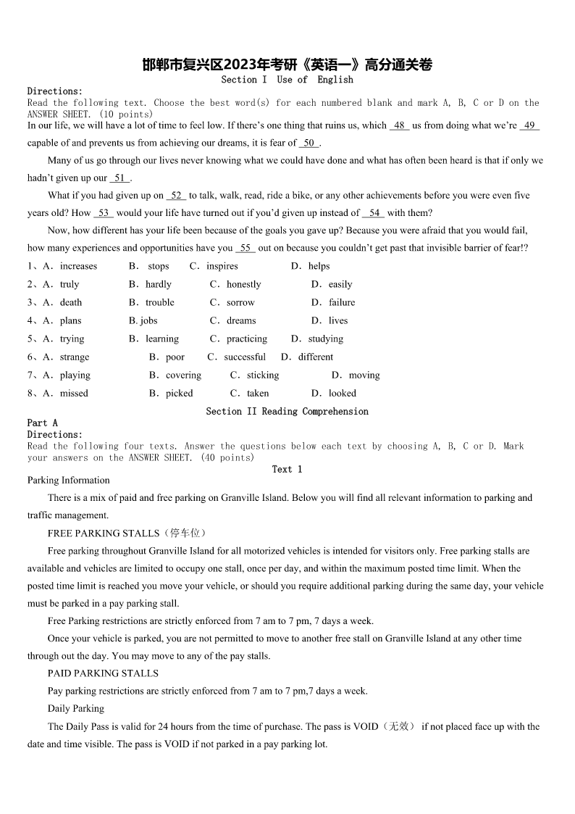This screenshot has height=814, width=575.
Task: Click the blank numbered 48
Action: tap(399, 125)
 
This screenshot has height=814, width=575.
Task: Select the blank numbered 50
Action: tap(309, 144)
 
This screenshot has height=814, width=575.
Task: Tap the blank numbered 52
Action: tap(177, 196)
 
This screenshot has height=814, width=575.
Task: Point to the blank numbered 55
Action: tap(245, 248)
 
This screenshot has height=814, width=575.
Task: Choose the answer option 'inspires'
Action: tap(222, 266)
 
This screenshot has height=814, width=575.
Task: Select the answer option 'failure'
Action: tap(342, 302)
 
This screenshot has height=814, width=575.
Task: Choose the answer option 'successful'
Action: tap(245, 357)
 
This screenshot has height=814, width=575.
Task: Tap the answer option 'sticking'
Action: tap(263, 375)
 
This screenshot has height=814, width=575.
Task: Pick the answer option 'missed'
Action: tap(74, 393)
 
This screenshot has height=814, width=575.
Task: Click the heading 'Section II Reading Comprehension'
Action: tap(287, 411)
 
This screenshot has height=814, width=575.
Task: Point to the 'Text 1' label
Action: tap(287, 469)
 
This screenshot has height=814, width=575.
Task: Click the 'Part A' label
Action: tap(42, 423)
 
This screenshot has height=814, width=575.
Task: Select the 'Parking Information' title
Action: tap(69, 480)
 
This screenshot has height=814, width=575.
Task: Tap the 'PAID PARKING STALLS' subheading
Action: tap(103, 673)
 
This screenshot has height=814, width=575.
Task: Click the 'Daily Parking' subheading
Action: tap(76, 708)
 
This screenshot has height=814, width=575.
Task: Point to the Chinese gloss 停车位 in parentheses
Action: tap(185, 533)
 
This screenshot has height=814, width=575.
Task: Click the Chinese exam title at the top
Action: tap(287, 65)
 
